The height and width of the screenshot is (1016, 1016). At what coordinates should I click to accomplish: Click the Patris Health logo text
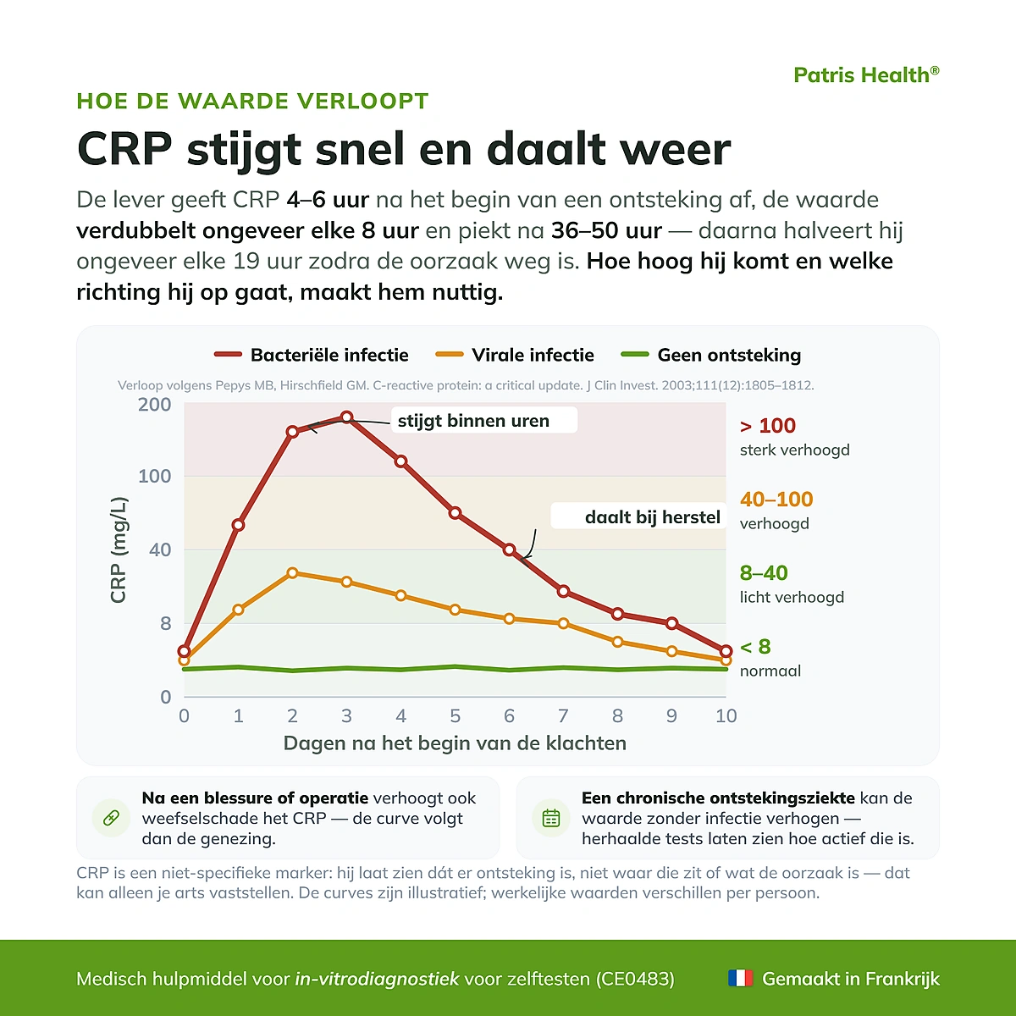tap(866, 75)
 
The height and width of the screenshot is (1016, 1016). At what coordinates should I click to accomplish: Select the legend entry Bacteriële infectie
tap(311, 355)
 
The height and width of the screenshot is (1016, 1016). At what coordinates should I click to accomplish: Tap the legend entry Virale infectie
tap(515, 355)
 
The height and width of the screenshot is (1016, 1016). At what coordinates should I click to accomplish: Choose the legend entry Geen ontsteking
tap(710, 355)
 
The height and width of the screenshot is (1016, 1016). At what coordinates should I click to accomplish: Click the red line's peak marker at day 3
tap(346, 417)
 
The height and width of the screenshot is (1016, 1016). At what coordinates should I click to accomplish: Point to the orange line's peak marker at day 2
tap(293, 572)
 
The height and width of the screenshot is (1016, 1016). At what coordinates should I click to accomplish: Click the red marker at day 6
tap(509, 550)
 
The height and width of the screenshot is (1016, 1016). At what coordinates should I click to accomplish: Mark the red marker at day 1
tap(238, 525)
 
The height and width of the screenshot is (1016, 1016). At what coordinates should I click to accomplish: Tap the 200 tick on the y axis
tap(154, 405)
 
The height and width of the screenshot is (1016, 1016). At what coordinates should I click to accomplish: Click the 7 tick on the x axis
tap(563, 715)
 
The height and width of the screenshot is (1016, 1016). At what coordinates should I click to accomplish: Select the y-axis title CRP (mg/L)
tap(119, 550)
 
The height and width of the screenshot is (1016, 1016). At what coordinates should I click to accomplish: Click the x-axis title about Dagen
tap(455, 743)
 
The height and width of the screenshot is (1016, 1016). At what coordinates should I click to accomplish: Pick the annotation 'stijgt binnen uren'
tap(473, 421)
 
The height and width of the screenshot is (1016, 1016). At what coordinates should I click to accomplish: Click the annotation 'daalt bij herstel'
tap(653, 517)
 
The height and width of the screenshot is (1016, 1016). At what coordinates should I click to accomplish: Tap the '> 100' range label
tap(768, 426)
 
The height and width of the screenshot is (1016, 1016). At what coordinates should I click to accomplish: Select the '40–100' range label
tap(776, 500)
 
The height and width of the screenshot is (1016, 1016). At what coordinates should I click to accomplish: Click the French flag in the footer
tap(740, 978)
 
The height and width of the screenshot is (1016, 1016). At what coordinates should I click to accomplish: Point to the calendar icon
tap(551, 818)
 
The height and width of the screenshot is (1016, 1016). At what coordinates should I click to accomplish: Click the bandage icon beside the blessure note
tap(111, 818)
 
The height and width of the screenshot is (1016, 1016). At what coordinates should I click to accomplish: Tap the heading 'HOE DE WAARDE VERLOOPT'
tap(252, 101)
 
